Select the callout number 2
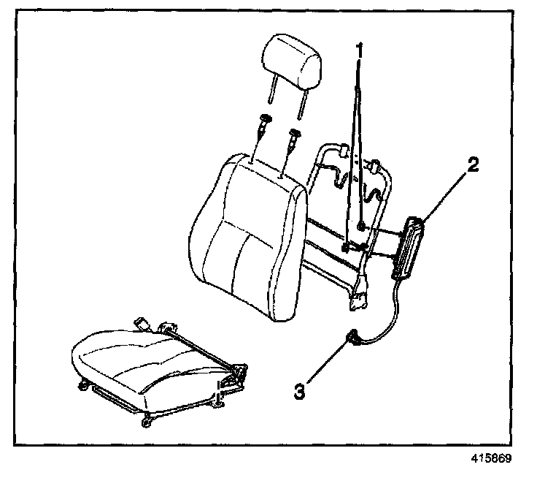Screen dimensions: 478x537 tap(473, 165)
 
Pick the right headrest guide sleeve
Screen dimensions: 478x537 tap(295, 137)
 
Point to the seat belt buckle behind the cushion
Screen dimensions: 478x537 tap(142, 323)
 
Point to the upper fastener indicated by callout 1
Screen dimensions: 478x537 tap(362, 229)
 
